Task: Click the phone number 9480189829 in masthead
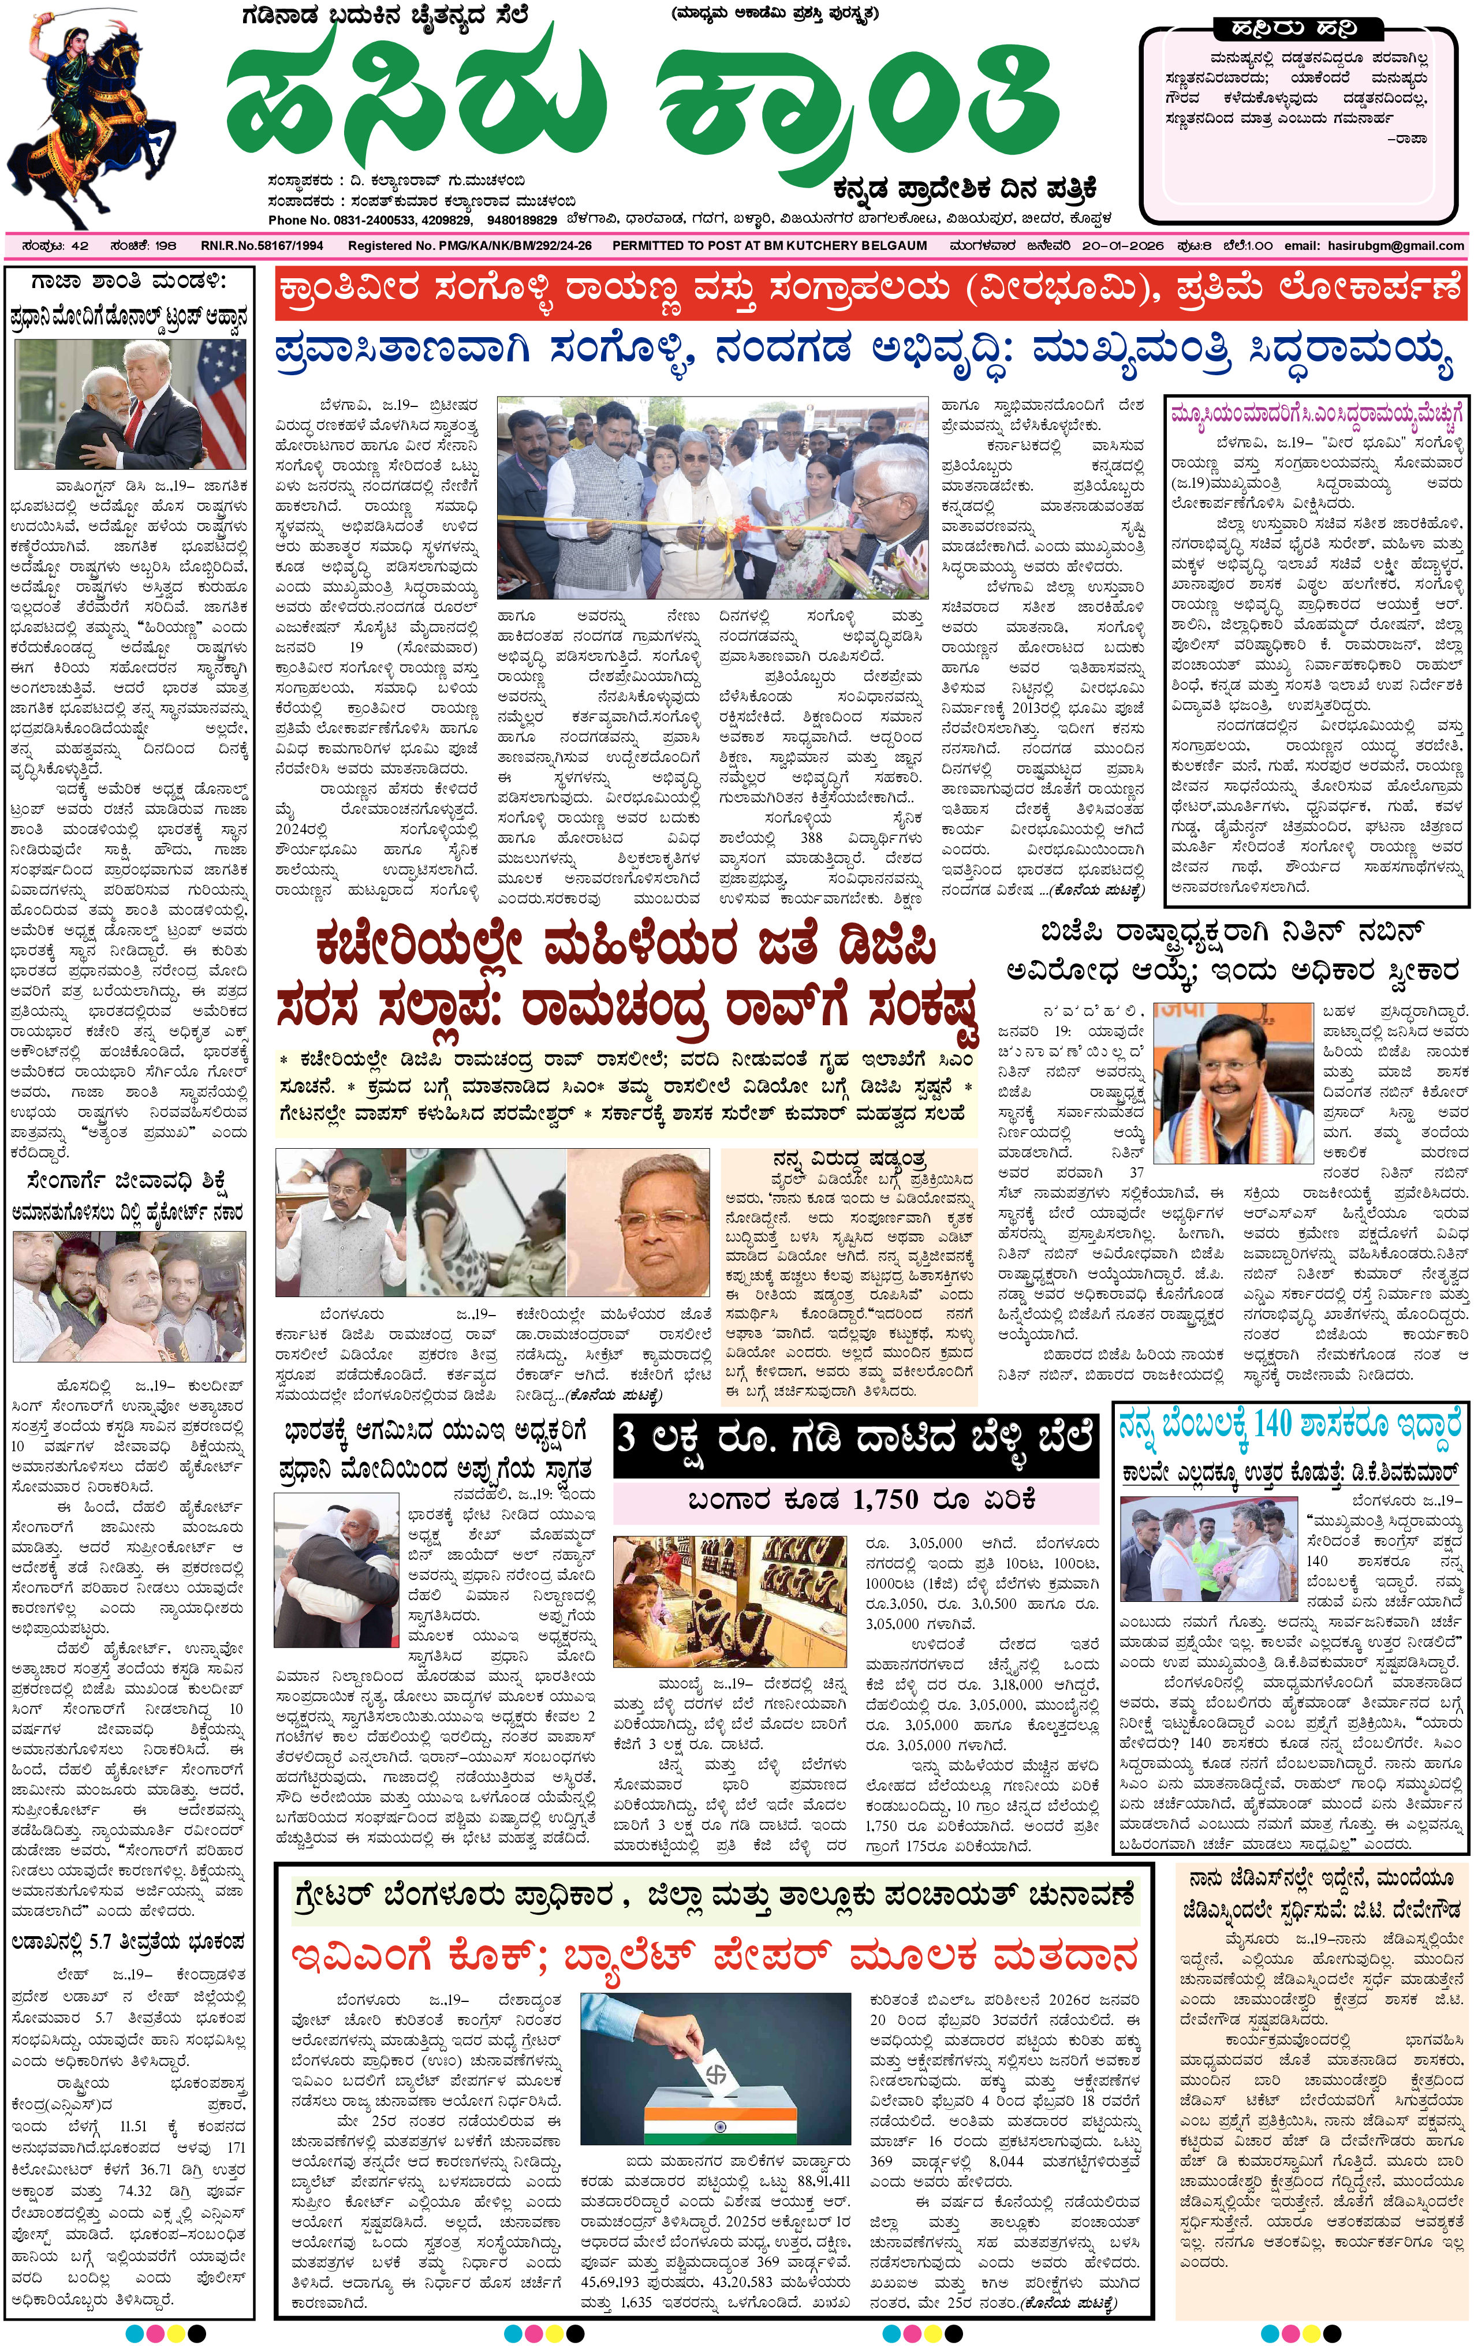pyautogui.click(x=522, y=220)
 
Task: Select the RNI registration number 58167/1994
pyautogui.click(x=261, y=245)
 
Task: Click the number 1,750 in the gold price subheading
pyautogui.click(x=885, y=1499)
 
